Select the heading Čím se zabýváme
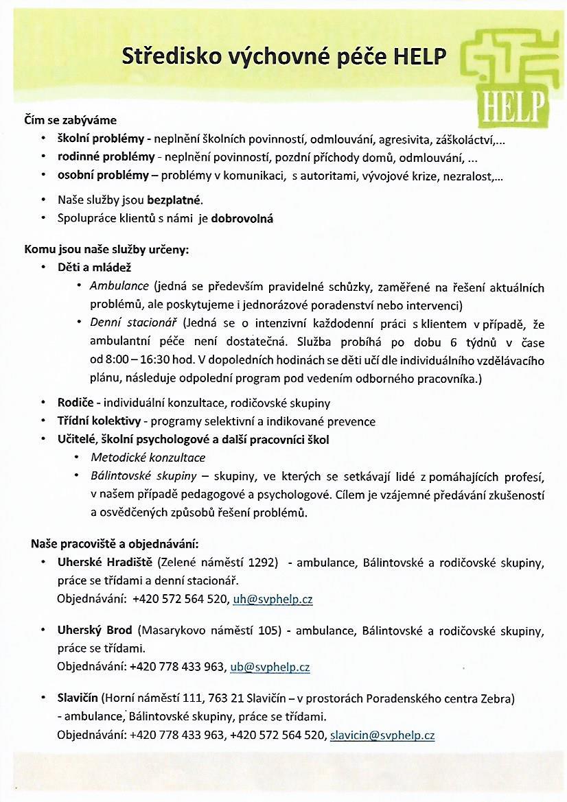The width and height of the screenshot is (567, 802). (x=71, y=121)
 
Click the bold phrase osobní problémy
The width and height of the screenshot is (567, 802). (x=103, y=175)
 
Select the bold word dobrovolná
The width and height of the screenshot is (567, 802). (x=242, y=219)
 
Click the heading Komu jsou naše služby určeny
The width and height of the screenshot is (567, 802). (x=106, y=250)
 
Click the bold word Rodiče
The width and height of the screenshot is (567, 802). (x=75, y=403)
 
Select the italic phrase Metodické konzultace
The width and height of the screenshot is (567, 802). (x=148, y=458)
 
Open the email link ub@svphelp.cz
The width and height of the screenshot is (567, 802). (x=270, y=667)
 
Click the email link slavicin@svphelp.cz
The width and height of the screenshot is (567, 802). (x=382, y=735)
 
